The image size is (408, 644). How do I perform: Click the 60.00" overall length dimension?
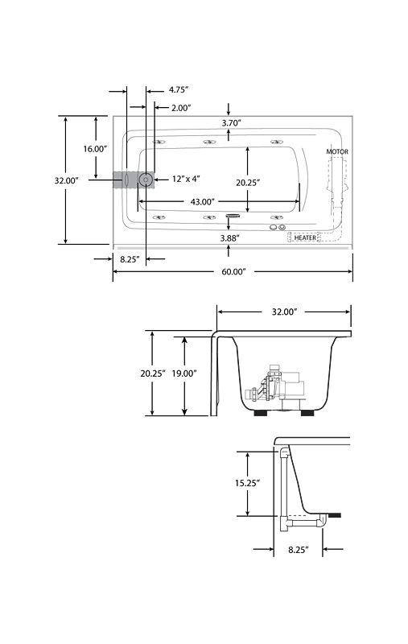pyautogui.click(x=233, y=272)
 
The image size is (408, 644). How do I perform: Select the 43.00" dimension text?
pyautogui.click(x=203, y=202)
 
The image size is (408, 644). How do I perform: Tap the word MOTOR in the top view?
pyautogui.click(x=337, y=151)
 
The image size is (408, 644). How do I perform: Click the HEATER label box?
pyautogui.click(x=305, y=237)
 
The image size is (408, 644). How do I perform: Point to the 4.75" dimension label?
pyautogui.click(x=179, y=89)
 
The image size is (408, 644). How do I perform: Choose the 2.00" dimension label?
pyautogui.click(x=181, y=108)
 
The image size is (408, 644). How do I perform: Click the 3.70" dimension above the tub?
pyautogui.click(x=231, y=122)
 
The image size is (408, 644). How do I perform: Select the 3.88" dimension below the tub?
pyautogui.click(x=229, y=237)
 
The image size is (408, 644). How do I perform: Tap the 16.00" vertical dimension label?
pyautogui.click(x=95, y=149)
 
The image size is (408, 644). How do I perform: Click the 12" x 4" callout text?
pyautogui.click(x=186, y=179)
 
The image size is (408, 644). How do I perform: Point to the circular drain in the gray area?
pyautogui.click(x=146, y=180)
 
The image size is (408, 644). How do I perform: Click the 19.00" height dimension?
pyautogui.click(x=184, y=374)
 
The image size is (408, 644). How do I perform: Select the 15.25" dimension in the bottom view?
pyautogui.click(x=248, y=483)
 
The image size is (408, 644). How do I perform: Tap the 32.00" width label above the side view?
pyautogui.click(x=284, y=312)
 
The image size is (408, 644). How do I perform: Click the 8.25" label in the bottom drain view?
pyautogui.click(x=298, y=550)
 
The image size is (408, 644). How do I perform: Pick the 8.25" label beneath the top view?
pyautogui.click(x=130, y=259)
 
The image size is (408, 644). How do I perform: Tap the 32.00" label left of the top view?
pyautogui.click(x=66, y=180)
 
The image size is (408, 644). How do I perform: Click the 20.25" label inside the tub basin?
pyautogui.click(x=248, y=183)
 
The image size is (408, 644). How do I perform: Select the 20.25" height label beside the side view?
pyautogui.click(x=153, y=374)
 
